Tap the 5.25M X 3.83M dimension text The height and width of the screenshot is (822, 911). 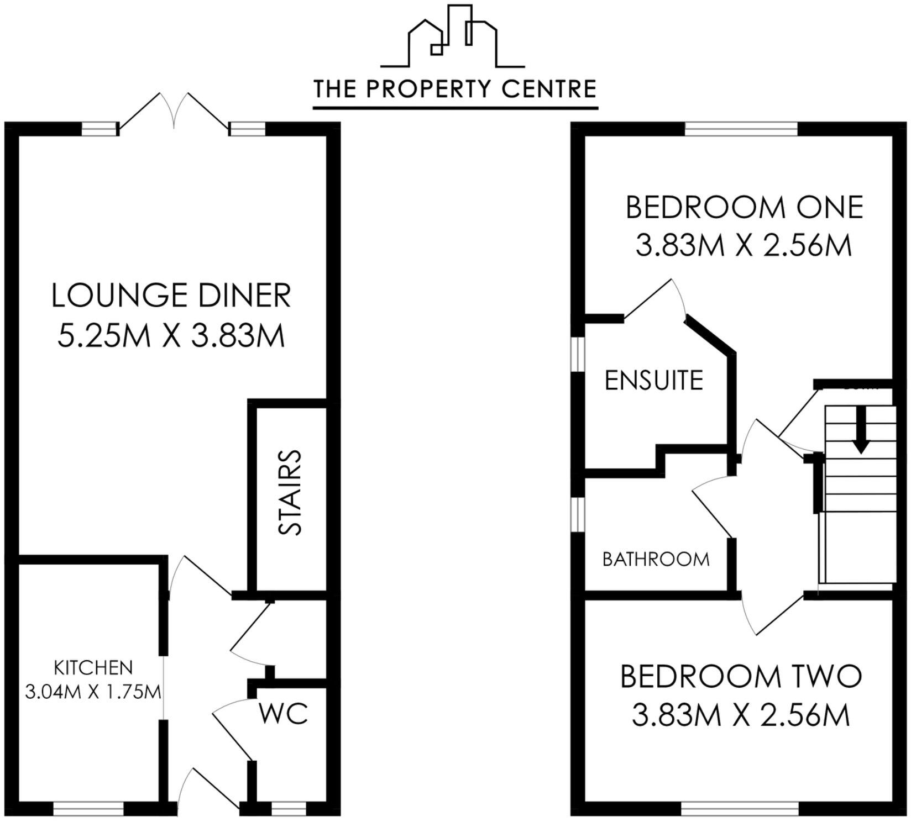pos(171,335)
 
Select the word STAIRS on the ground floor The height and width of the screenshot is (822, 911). pos(290,493)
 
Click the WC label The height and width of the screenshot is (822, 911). pos(284,714)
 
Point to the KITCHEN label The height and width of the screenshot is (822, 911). pos(93,667)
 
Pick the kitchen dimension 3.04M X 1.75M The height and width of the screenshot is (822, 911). pos(93,691)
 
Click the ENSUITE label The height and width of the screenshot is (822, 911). pos(654,380)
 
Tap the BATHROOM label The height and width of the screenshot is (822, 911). pos(656,560)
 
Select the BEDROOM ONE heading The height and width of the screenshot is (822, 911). pos(744,208)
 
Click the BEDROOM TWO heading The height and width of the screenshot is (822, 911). pos(741,677)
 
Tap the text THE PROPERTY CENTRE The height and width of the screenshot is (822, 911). pos(455,89)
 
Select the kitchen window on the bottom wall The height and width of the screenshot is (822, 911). pos(88,809)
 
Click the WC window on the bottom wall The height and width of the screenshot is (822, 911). pos(289,809)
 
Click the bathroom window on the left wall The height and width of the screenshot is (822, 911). pos(577,514)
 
